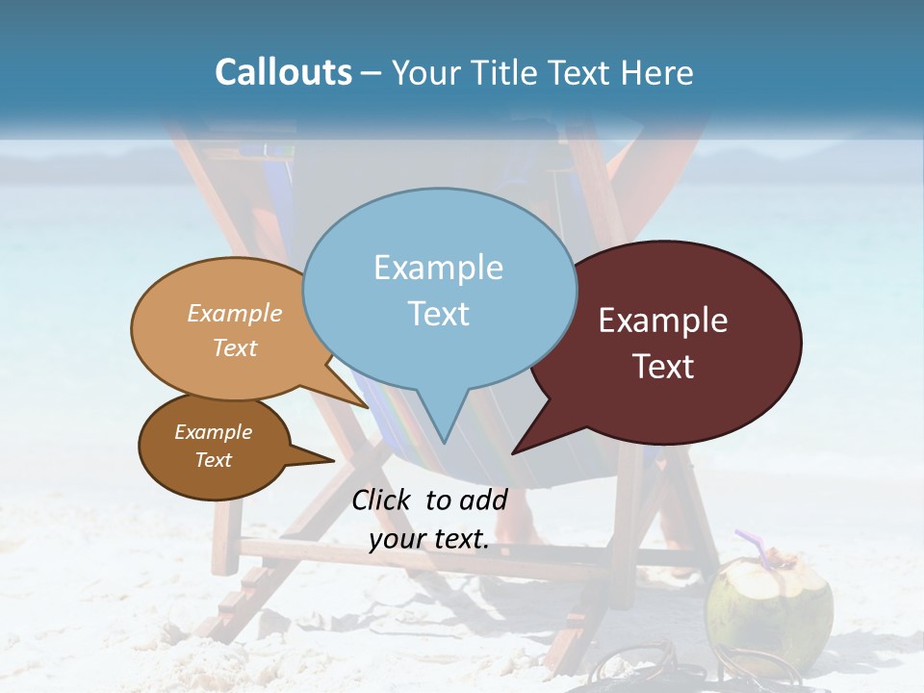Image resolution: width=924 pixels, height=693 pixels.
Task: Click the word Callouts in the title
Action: pos(283,73)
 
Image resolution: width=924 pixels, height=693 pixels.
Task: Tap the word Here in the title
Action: pos(655,73)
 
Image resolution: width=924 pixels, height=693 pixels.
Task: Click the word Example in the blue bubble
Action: pos(438,268)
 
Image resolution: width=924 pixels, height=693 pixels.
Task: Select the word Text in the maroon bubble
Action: pos(663,367)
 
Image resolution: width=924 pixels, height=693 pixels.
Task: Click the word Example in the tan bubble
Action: pos(235,314)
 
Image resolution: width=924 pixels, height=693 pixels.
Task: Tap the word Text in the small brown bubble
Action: pos(214,460)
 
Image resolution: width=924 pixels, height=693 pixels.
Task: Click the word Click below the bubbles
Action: pos(383,500)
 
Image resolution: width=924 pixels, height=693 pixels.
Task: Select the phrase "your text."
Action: pos(429,539)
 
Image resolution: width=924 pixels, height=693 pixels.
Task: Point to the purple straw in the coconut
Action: pos(751,544)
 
